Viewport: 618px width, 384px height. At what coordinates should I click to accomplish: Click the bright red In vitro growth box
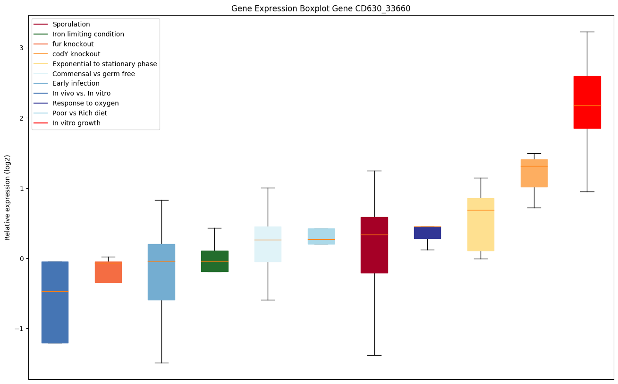pos(587,102)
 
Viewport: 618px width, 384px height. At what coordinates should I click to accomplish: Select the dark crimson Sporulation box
pos(374,245)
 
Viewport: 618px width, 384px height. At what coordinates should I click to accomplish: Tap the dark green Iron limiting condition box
pos(215,261)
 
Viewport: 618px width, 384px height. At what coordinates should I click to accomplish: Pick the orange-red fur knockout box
pos(108,272)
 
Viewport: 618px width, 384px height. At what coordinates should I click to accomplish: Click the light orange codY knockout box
pos(534,173)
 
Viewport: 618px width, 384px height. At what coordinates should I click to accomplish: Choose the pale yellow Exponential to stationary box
pos(481,224)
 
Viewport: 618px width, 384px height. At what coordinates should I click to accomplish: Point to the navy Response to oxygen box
pos(427,232)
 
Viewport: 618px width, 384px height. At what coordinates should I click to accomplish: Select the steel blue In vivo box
pos(55,302)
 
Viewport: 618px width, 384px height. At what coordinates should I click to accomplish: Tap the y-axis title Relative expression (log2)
pos(8,197)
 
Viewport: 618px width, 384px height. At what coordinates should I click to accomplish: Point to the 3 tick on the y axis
pos(22,48)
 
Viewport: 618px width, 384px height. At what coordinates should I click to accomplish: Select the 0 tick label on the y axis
pos(22,259)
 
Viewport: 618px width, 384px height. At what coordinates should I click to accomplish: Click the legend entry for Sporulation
pos(71,24)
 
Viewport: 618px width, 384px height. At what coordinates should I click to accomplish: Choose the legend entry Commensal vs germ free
pos(93,74)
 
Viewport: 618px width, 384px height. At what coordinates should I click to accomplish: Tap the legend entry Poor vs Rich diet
pos(80,113)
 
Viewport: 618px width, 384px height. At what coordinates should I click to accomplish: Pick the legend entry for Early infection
pos(76,84)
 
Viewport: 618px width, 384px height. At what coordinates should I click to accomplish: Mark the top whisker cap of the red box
pos(587,32)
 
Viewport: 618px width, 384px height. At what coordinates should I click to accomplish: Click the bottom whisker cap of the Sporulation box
pos(374,355)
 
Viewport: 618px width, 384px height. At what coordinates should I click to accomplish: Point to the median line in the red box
pos(587,105)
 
